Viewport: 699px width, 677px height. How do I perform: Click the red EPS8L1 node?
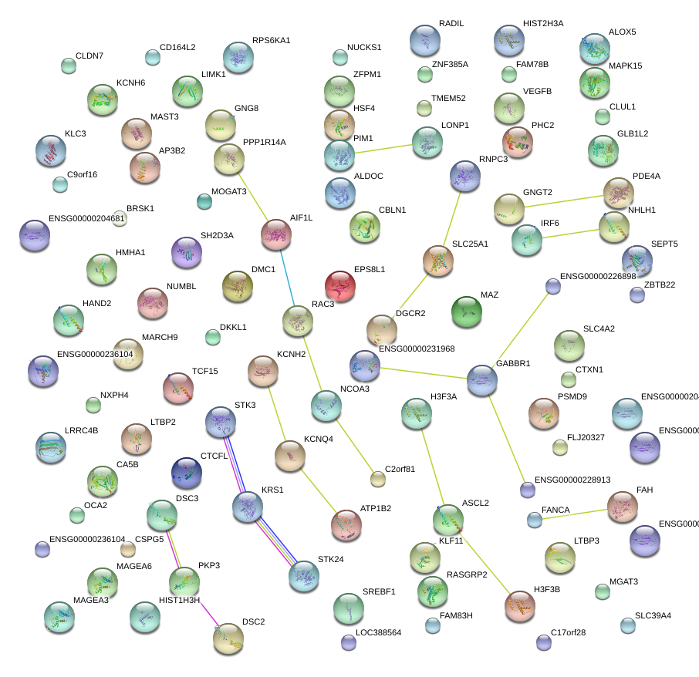coord(339,286)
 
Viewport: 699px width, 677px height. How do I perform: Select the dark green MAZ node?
coord(466,311)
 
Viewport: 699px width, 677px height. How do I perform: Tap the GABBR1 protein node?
coord(481,380)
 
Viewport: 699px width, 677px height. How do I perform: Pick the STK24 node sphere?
coord(304,575)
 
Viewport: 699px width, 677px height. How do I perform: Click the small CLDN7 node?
coord(69,66)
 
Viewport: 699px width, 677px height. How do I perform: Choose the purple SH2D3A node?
coord(185,251)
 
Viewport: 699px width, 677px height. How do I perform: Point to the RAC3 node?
coord(297,321)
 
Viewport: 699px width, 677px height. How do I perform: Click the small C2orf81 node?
coord(377,480)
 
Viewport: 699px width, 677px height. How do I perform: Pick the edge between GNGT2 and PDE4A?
coord(563,200)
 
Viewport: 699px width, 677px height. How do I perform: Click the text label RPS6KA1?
coord(272,40)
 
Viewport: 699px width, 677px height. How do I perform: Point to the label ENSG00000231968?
coord(417,349)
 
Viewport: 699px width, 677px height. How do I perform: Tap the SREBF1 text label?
coord(379,591)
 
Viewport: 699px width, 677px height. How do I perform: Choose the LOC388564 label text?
coord(379,632)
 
